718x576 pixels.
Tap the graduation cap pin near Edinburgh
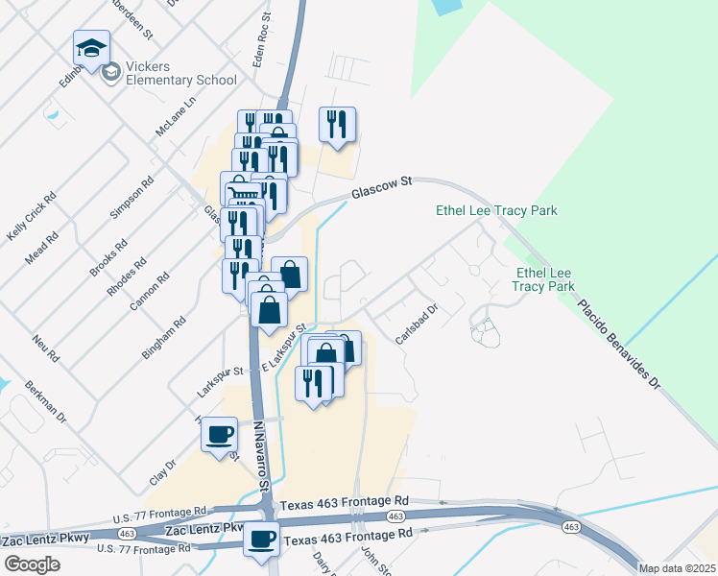click(x=91, y=49)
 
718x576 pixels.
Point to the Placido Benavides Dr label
click(x=620, y=341)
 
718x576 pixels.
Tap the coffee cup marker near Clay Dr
click(x=220, y=434)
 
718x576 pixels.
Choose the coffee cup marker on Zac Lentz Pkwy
click(x=261, y=539)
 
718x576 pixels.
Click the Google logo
click(x=32, y=564)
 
